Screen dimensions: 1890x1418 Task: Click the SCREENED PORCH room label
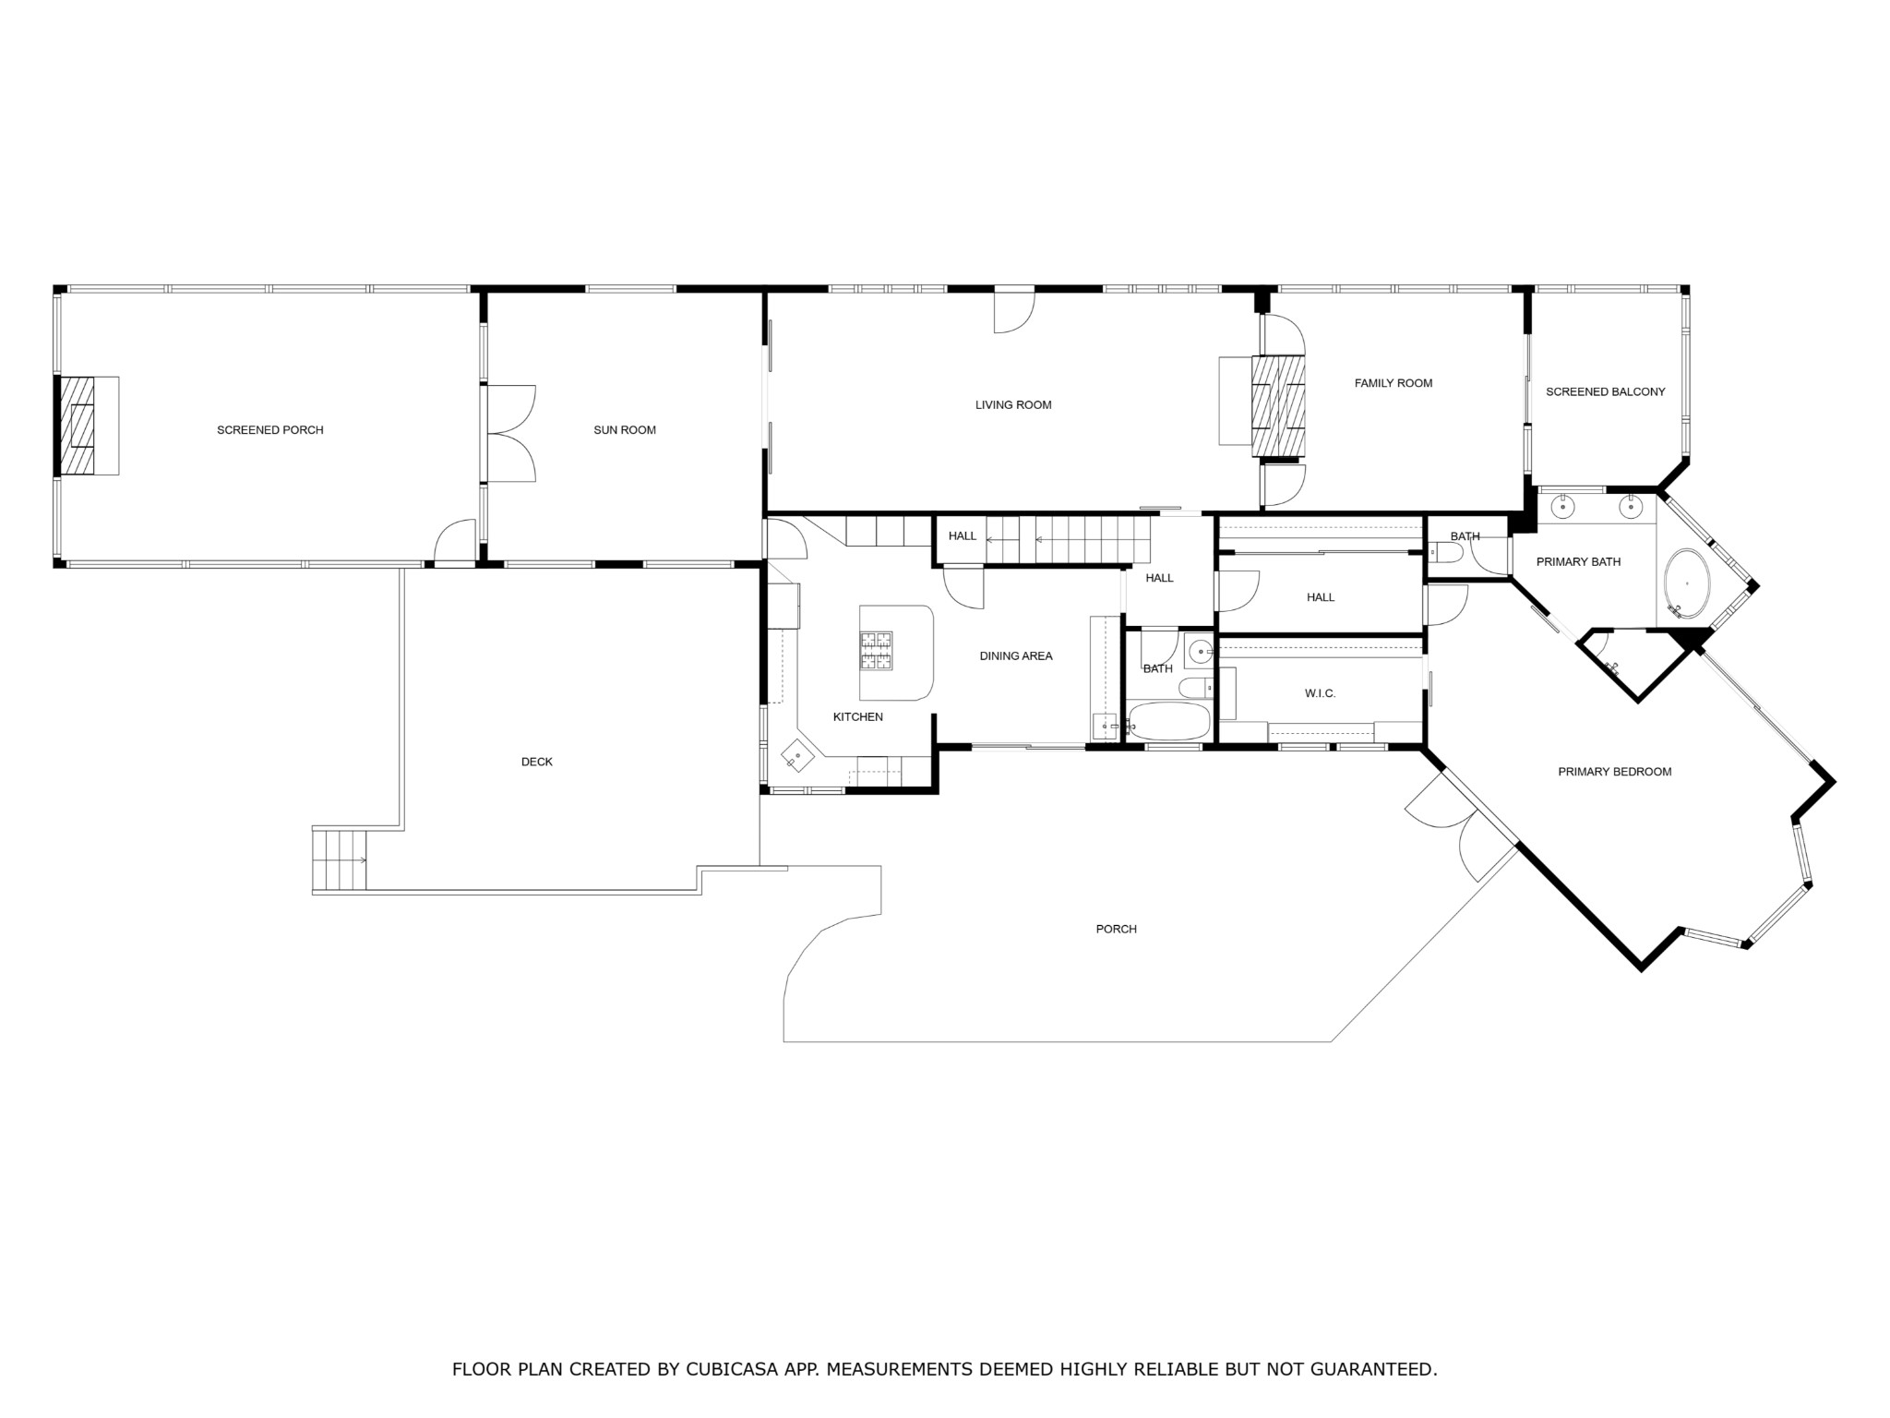[x=270, y=430]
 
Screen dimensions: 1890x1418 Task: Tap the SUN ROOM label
[x=625, y=430]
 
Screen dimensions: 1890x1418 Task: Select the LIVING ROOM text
[x=1013, y=405]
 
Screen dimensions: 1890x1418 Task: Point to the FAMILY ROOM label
[x=1394, y=383]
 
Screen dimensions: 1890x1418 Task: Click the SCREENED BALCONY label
[x=1606, y=392]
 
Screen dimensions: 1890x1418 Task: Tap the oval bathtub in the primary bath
[x=1687, y=584]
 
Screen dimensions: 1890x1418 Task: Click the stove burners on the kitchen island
[x=877, y=650]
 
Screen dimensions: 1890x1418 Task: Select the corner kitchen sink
[x=796, y=757]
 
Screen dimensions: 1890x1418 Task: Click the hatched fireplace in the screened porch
[x=78, y=426]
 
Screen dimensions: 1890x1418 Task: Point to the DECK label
[x=537, y=763]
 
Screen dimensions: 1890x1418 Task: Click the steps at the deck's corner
[x=340, y=859]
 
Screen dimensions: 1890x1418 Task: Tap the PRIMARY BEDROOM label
[x=1615, y=773]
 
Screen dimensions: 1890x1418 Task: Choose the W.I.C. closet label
[x=1321, y=694]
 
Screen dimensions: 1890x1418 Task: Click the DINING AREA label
[x=1016, y=656]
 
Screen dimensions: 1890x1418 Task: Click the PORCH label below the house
[x=1117, y=930]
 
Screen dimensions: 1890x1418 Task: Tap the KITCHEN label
[x=858, y=717]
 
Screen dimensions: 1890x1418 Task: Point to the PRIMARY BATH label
[x=1579, y=562]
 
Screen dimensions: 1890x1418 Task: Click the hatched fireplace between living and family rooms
[x=1278, y=406]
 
